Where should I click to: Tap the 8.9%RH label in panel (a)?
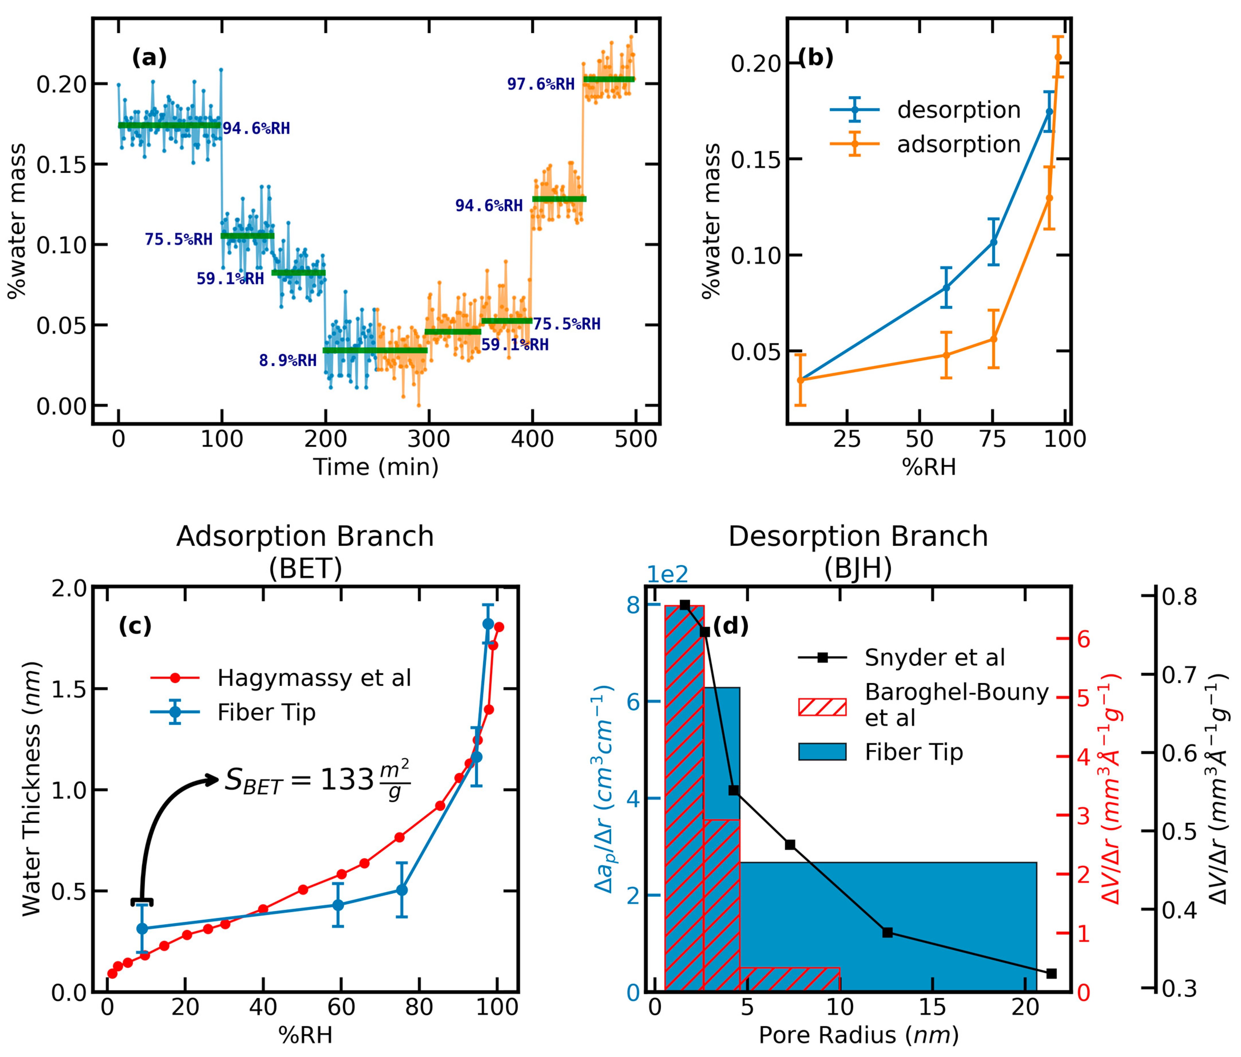[x=287, y=361]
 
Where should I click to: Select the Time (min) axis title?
[x=376, y=467]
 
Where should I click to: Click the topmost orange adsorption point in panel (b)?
[x=1058, y=57]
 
